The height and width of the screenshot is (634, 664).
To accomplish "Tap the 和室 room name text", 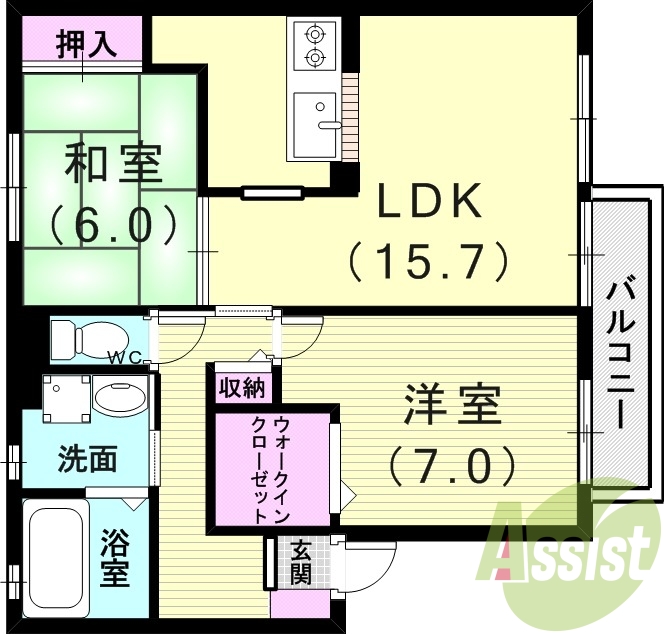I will (x=114, y=164).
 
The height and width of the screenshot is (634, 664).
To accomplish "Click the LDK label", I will (x=429, y=203).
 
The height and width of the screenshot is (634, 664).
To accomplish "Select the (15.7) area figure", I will (x=429, y=262).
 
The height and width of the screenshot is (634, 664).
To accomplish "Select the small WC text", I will (x=125, y=357).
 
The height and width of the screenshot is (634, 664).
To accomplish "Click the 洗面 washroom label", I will (x=87, y=460).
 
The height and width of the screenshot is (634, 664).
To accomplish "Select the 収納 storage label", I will (x=242, y=385).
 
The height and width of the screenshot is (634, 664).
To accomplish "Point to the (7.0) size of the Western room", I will (x=453, y=463).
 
